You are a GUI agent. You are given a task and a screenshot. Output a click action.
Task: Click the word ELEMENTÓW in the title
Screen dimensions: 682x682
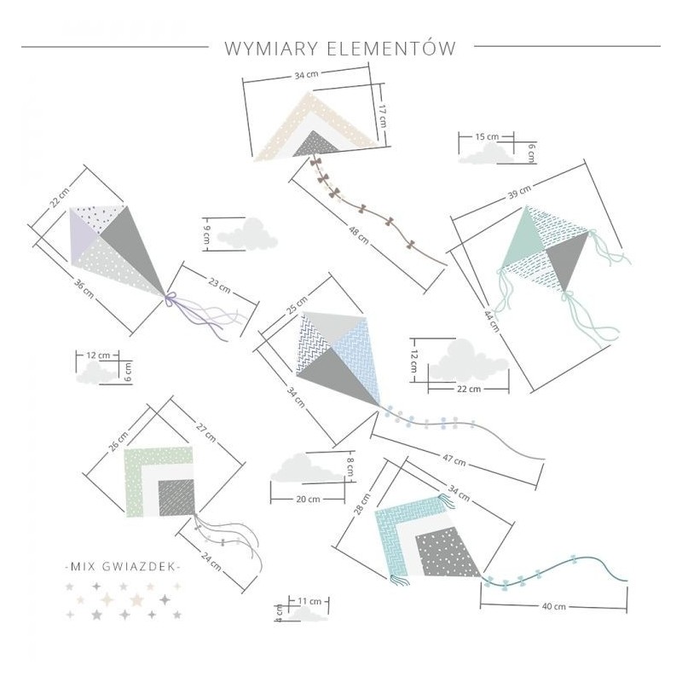[x=391, y=49]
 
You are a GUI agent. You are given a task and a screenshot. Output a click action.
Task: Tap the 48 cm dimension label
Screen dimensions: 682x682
[x=359, y=235]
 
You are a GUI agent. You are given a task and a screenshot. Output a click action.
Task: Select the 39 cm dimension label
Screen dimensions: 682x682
[x=519, y=192]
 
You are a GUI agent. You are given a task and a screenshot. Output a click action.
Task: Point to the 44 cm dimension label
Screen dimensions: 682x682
[x=492, y=321]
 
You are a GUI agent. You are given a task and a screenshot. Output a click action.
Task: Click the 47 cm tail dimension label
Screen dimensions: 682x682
[x=454, y=459]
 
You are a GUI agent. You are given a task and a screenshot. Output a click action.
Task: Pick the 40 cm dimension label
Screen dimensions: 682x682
[x=553, y=606]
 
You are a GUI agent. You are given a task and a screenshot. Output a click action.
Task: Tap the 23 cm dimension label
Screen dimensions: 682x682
[x=219, y=285]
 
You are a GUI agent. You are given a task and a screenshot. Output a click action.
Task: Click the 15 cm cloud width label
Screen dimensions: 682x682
[x=487, y=136]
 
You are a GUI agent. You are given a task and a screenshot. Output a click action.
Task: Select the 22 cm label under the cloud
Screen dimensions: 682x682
[x=469, y=389]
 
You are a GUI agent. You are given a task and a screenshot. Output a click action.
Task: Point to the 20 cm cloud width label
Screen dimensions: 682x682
[x=308, y=500]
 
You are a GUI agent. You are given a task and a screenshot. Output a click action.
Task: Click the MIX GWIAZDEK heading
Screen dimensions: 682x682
[x=122, y=567]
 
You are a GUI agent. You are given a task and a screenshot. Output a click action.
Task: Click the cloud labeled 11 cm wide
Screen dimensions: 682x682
[x=307, y=615]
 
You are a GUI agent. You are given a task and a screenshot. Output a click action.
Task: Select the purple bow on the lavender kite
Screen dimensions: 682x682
[x=170, y=298]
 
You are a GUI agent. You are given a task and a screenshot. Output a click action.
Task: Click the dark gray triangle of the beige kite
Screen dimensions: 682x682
[x=315, y=143]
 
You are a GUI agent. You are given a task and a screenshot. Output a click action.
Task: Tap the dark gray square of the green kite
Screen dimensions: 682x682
[x=176, y=498]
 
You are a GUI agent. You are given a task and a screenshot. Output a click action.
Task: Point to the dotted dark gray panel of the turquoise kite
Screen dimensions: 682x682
[x=447, y=552]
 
